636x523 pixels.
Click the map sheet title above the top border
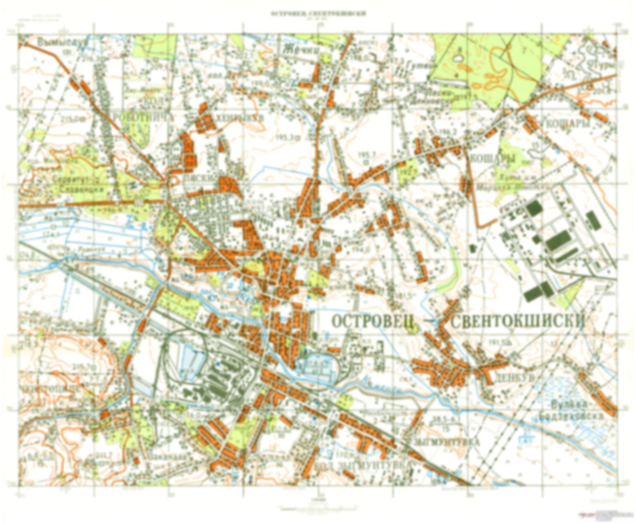click(318, 13)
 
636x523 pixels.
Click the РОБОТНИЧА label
click(143, 118)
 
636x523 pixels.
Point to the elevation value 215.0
click(70, 118)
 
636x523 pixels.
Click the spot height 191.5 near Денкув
click(496, 342)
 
